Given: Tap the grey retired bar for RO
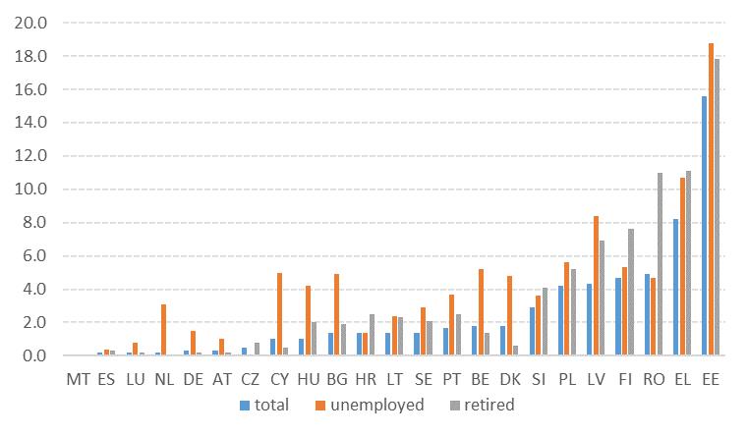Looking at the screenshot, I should [x=661, y=264].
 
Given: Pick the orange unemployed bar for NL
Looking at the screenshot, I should [x=164, y=330].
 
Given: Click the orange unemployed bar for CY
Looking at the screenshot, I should [x=279, y=314].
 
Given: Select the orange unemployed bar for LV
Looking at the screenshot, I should [x=597, y=286].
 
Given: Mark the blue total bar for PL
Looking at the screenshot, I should [x=561, y=320].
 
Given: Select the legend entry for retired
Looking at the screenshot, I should [x=484, y=405].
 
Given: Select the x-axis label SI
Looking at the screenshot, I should [x=538, y=378].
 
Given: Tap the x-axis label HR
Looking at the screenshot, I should [x=365, y=378].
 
